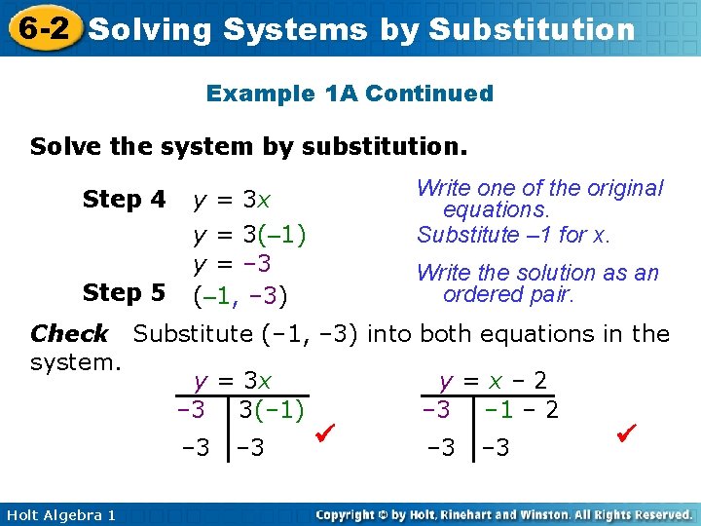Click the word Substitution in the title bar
[532, 29]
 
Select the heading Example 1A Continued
[350, 94]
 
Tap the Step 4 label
[125, 200]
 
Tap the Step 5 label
[125, 292]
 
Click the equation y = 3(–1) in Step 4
[249, 235]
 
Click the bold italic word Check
[69, 334]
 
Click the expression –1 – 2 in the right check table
[523, 409]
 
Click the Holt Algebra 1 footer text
[58, 514]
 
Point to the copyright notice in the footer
[503, 514]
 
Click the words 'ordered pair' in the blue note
[508, 294]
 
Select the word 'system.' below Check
[75, 361]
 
